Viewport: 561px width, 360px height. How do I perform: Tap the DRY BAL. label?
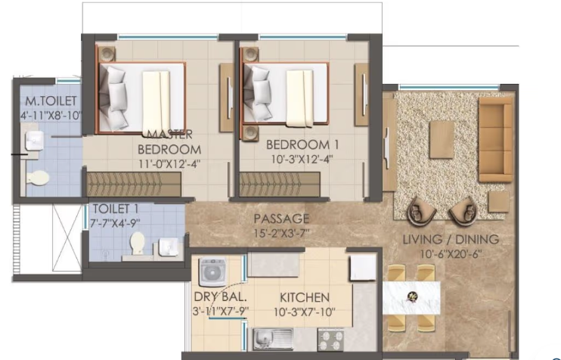[218, 297]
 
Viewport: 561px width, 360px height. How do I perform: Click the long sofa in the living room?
[495, 141]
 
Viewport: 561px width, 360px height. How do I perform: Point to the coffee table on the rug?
[442, 141]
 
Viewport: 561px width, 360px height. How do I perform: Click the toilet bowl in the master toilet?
[37, 178]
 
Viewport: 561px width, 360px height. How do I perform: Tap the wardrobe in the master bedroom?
[134, 184]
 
